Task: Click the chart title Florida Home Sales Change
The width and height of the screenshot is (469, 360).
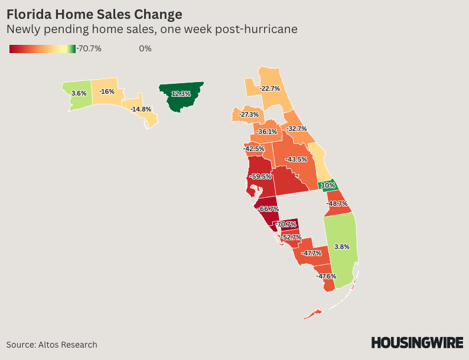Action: (x=94, y=14)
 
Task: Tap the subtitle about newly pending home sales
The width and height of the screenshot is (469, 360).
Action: (x=151, y=29)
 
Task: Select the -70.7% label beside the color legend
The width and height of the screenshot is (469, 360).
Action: (x=89, y=48)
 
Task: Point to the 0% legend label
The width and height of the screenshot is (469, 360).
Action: (x=145, y=48)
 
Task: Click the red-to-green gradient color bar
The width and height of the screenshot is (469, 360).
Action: (x=42, y=48)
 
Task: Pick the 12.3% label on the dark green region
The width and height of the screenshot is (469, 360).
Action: (x=181, y=94)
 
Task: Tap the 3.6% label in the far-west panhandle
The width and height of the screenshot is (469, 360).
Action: (x=79, y=93)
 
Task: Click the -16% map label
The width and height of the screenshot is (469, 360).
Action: (x=107, y=91)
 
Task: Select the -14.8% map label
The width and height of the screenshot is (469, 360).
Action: (x=141, y=109)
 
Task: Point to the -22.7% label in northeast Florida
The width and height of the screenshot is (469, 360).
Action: (x=269, y=89)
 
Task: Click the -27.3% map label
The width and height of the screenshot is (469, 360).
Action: (x=249, y=114)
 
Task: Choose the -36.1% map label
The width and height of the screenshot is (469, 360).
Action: (x=267, y=132)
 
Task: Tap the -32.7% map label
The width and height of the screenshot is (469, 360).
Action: (x=297, y=129)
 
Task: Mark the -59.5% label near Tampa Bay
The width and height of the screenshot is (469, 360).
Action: (x=260, y=176)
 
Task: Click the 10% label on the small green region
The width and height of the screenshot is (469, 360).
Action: (x=328, y=185)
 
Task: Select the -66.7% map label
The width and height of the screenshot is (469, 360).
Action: (x=268, y=209)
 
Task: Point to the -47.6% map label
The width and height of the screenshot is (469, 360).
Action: (x=325, y=276)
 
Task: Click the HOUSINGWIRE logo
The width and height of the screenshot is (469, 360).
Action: (x=416, y=342)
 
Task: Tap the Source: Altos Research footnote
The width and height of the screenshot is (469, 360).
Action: (x=52, y=345)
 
